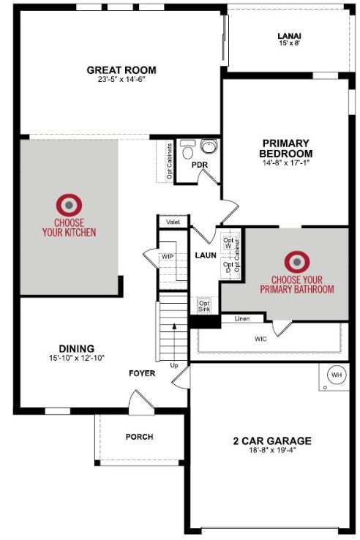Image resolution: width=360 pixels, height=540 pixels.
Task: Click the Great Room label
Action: point(121,70)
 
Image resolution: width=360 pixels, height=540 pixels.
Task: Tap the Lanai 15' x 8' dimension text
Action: point(289,43)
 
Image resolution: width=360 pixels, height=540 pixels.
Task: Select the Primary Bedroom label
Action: point(286,148)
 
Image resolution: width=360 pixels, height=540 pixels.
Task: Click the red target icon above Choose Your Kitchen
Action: point(69,205)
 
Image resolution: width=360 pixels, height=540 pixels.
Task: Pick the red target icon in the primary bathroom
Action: point(297,262)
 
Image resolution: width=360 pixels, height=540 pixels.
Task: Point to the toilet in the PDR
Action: point(188,149)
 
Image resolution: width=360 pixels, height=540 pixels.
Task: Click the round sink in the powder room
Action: point(209,146)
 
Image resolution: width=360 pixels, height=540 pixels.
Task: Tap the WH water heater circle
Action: point(337,375)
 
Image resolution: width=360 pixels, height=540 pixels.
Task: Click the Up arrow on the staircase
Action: point(174,342)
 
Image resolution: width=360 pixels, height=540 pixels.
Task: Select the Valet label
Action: point(173,222)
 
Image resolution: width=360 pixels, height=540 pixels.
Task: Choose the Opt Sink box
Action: point(204,306)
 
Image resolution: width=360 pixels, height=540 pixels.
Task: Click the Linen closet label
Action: point(242,318)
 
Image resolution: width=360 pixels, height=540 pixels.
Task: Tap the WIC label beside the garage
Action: point(260,339)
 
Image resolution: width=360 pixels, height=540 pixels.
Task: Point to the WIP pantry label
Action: point(168,257)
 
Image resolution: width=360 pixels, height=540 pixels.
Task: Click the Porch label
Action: point(140,437)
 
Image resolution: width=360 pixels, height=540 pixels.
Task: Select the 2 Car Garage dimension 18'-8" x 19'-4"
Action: point(272,450)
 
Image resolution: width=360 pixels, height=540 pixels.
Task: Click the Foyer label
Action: point(142,373)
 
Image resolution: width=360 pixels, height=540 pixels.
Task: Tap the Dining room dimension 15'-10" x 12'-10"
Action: point(77,358)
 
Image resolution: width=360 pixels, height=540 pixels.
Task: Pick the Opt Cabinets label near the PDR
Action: point(170,161)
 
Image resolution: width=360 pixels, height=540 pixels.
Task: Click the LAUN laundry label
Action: point(206,255)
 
